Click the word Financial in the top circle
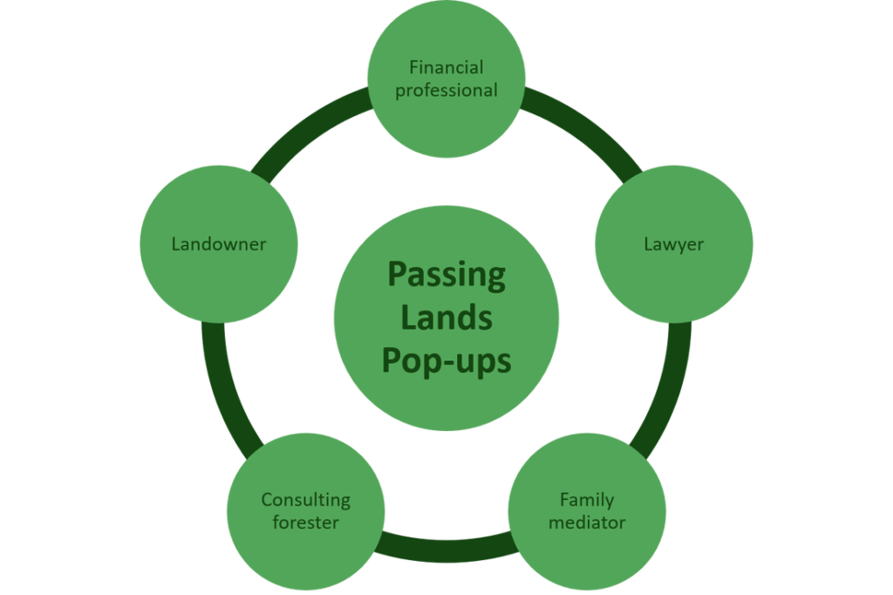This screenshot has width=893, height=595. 446,67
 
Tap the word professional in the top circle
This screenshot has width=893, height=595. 446,90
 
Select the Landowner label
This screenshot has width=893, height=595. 218,244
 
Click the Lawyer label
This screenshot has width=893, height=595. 673,244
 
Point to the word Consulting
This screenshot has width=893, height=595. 305,500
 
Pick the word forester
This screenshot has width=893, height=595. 305,523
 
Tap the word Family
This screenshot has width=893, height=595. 587,500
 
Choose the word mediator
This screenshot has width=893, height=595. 587,523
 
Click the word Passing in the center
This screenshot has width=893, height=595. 446,275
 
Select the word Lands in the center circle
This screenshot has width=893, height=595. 446,318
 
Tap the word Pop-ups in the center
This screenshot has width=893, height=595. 446,360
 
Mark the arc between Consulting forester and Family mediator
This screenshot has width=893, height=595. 446,545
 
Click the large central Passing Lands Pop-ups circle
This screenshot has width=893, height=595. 446,401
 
